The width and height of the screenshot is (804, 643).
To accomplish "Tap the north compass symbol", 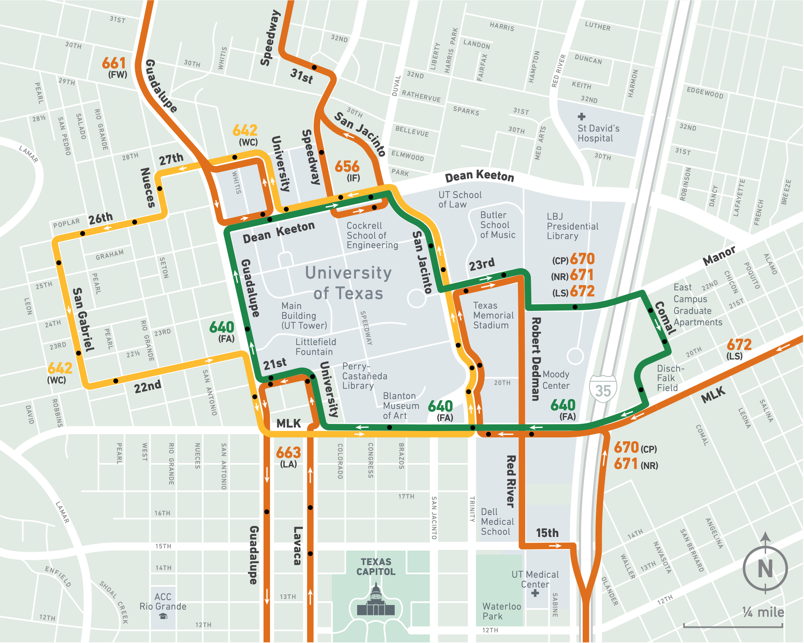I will (765, 568).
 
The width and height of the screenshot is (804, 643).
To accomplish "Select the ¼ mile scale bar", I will (732, 626).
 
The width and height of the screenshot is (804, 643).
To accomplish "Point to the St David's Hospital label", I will (598, 133).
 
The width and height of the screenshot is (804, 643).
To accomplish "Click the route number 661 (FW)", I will (114, 67).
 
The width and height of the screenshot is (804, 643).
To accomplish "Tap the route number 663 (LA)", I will (288, 456).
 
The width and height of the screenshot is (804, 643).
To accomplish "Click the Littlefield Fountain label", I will (316, 347).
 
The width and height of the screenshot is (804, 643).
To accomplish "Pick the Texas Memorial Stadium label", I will (493, 315).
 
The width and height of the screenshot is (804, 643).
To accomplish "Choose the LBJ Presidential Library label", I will (572, 226).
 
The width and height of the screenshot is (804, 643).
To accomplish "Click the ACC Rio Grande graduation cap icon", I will (164, 617).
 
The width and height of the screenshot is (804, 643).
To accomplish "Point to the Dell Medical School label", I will (497, 522).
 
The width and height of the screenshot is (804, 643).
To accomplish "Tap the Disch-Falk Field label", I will (670, 378).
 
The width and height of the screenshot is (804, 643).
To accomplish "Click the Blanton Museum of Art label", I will (401, 406).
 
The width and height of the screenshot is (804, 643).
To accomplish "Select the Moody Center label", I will (556, 380).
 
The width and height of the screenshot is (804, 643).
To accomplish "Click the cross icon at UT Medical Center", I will (535, 593).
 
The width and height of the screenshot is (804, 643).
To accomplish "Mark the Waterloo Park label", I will (501, 611).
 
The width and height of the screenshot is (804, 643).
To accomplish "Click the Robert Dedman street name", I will (535, 359).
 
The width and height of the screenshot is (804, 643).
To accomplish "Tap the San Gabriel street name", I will (83, 319).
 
